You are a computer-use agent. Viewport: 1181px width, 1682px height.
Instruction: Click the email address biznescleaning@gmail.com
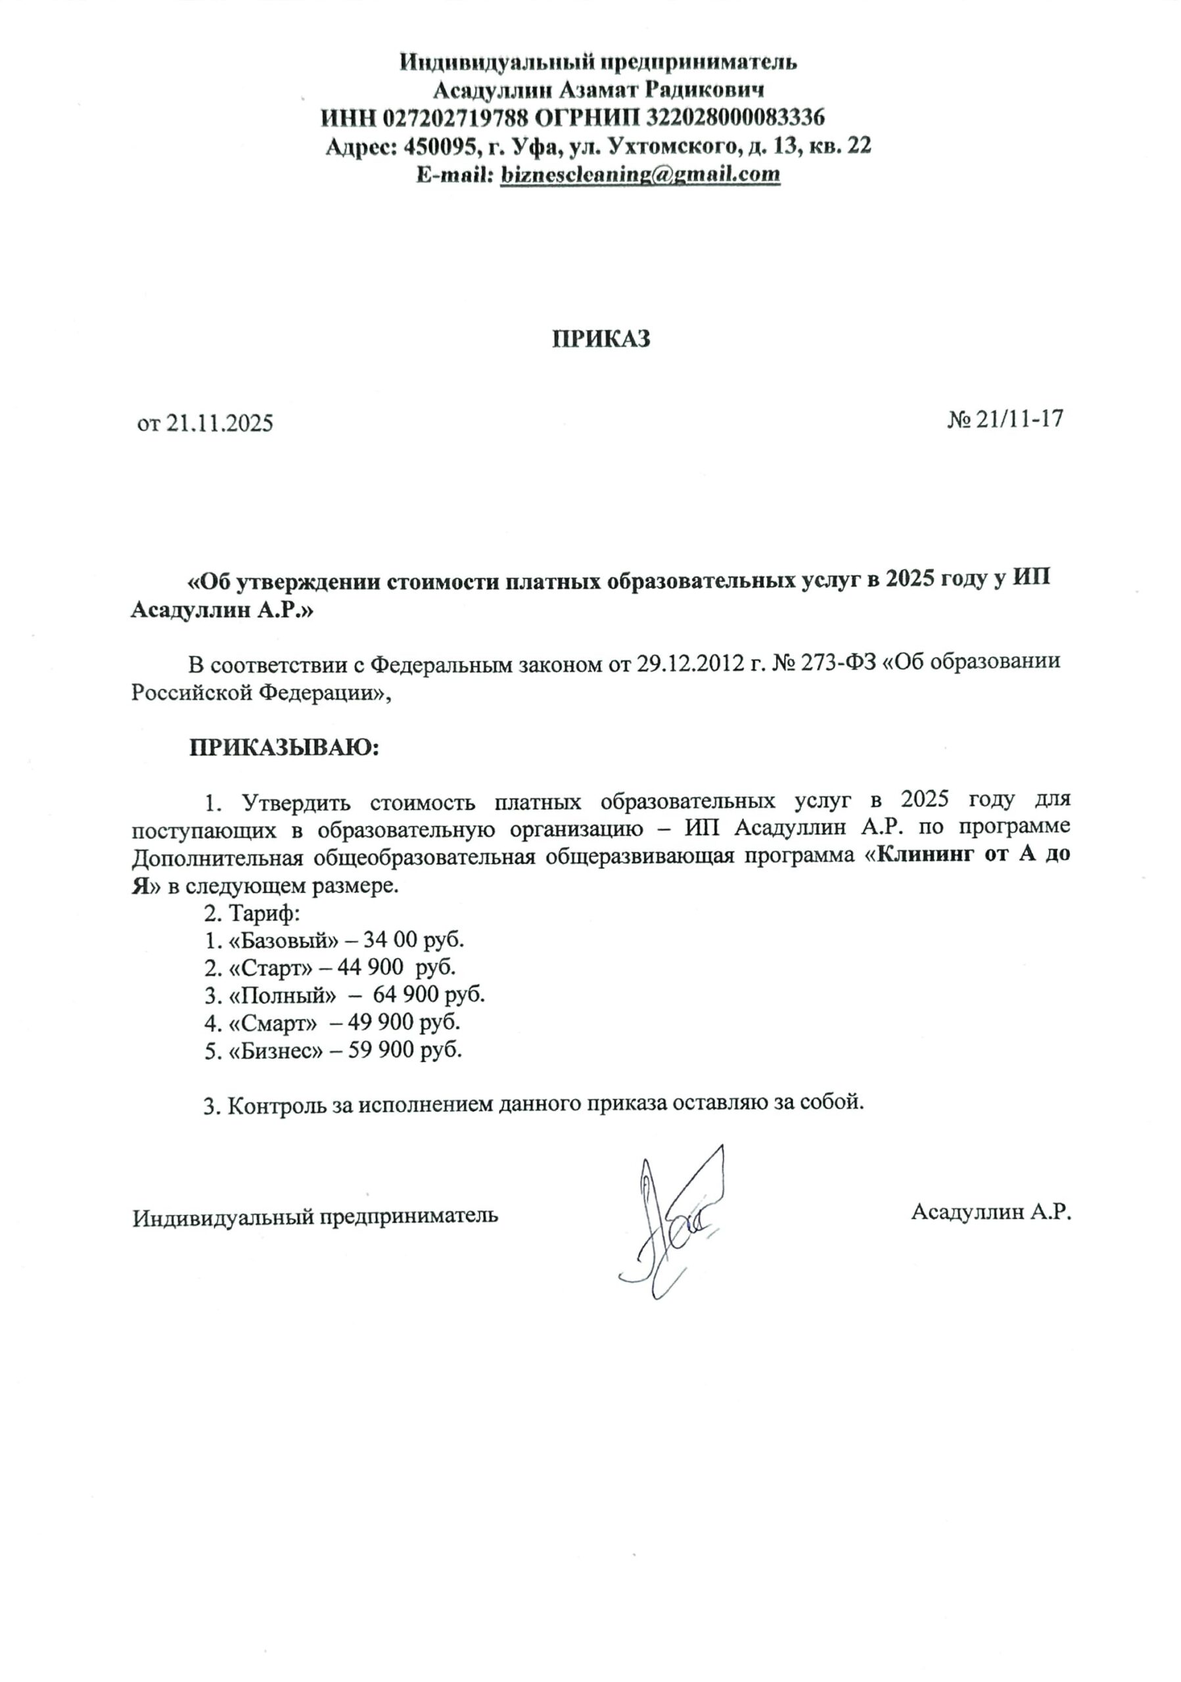639,174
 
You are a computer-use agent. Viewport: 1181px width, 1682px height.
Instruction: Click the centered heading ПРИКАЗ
601,338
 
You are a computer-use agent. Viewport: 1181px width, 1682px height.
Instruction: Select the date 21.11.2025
219,423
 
